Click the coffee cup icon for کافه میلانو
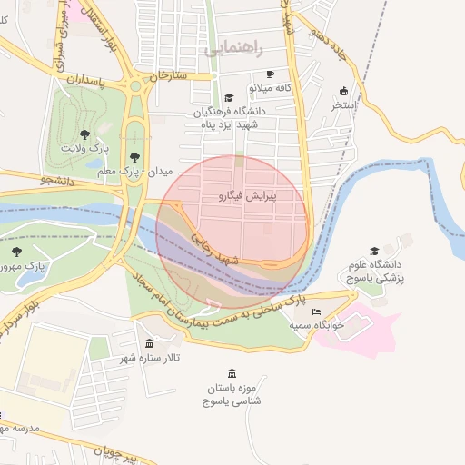click(270, 74)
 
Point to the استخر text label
click(342, 105)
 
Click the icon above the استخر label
click(343, 91)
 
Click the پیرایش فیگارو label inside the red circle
click(248, 195)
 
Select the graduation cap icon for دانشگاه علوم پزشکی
click(374, 252)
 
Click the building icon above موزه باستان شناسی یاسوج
click(232, 373)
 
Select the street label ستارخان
click(167, 75)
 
